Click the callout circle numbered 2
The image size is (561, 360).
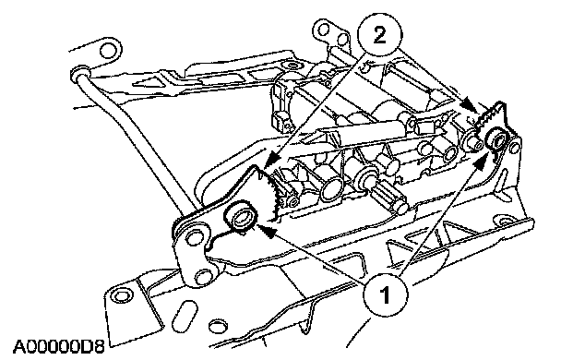click(x=380, y=35)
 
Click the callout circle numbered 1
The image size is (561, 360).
click(x=385, y=295)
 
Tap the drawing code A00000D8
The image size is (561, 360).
click(x=59, y=346)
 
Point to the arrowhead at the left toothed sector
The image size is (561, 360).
click(x=272, y=160)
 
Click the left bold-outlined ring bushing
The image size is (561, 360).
click(x=240, y=217)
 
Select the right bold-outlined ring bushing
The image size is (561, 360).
click(x=497, y=139)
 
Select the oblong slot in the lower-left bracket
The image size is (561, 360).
click(x=185, y=313)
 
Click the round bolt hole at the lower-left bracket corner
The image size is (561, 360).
click(x=121, y=295)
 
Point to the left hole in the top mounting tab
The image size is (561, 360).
click(x=323, y=29)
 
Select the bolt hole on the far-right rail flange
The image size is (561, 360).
click(x=505, y=221)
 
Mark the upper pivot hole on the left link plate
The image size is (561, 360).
click(x=194, y=237)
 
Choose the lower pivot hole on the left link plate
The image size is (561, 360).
click(x=203, y=277)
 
